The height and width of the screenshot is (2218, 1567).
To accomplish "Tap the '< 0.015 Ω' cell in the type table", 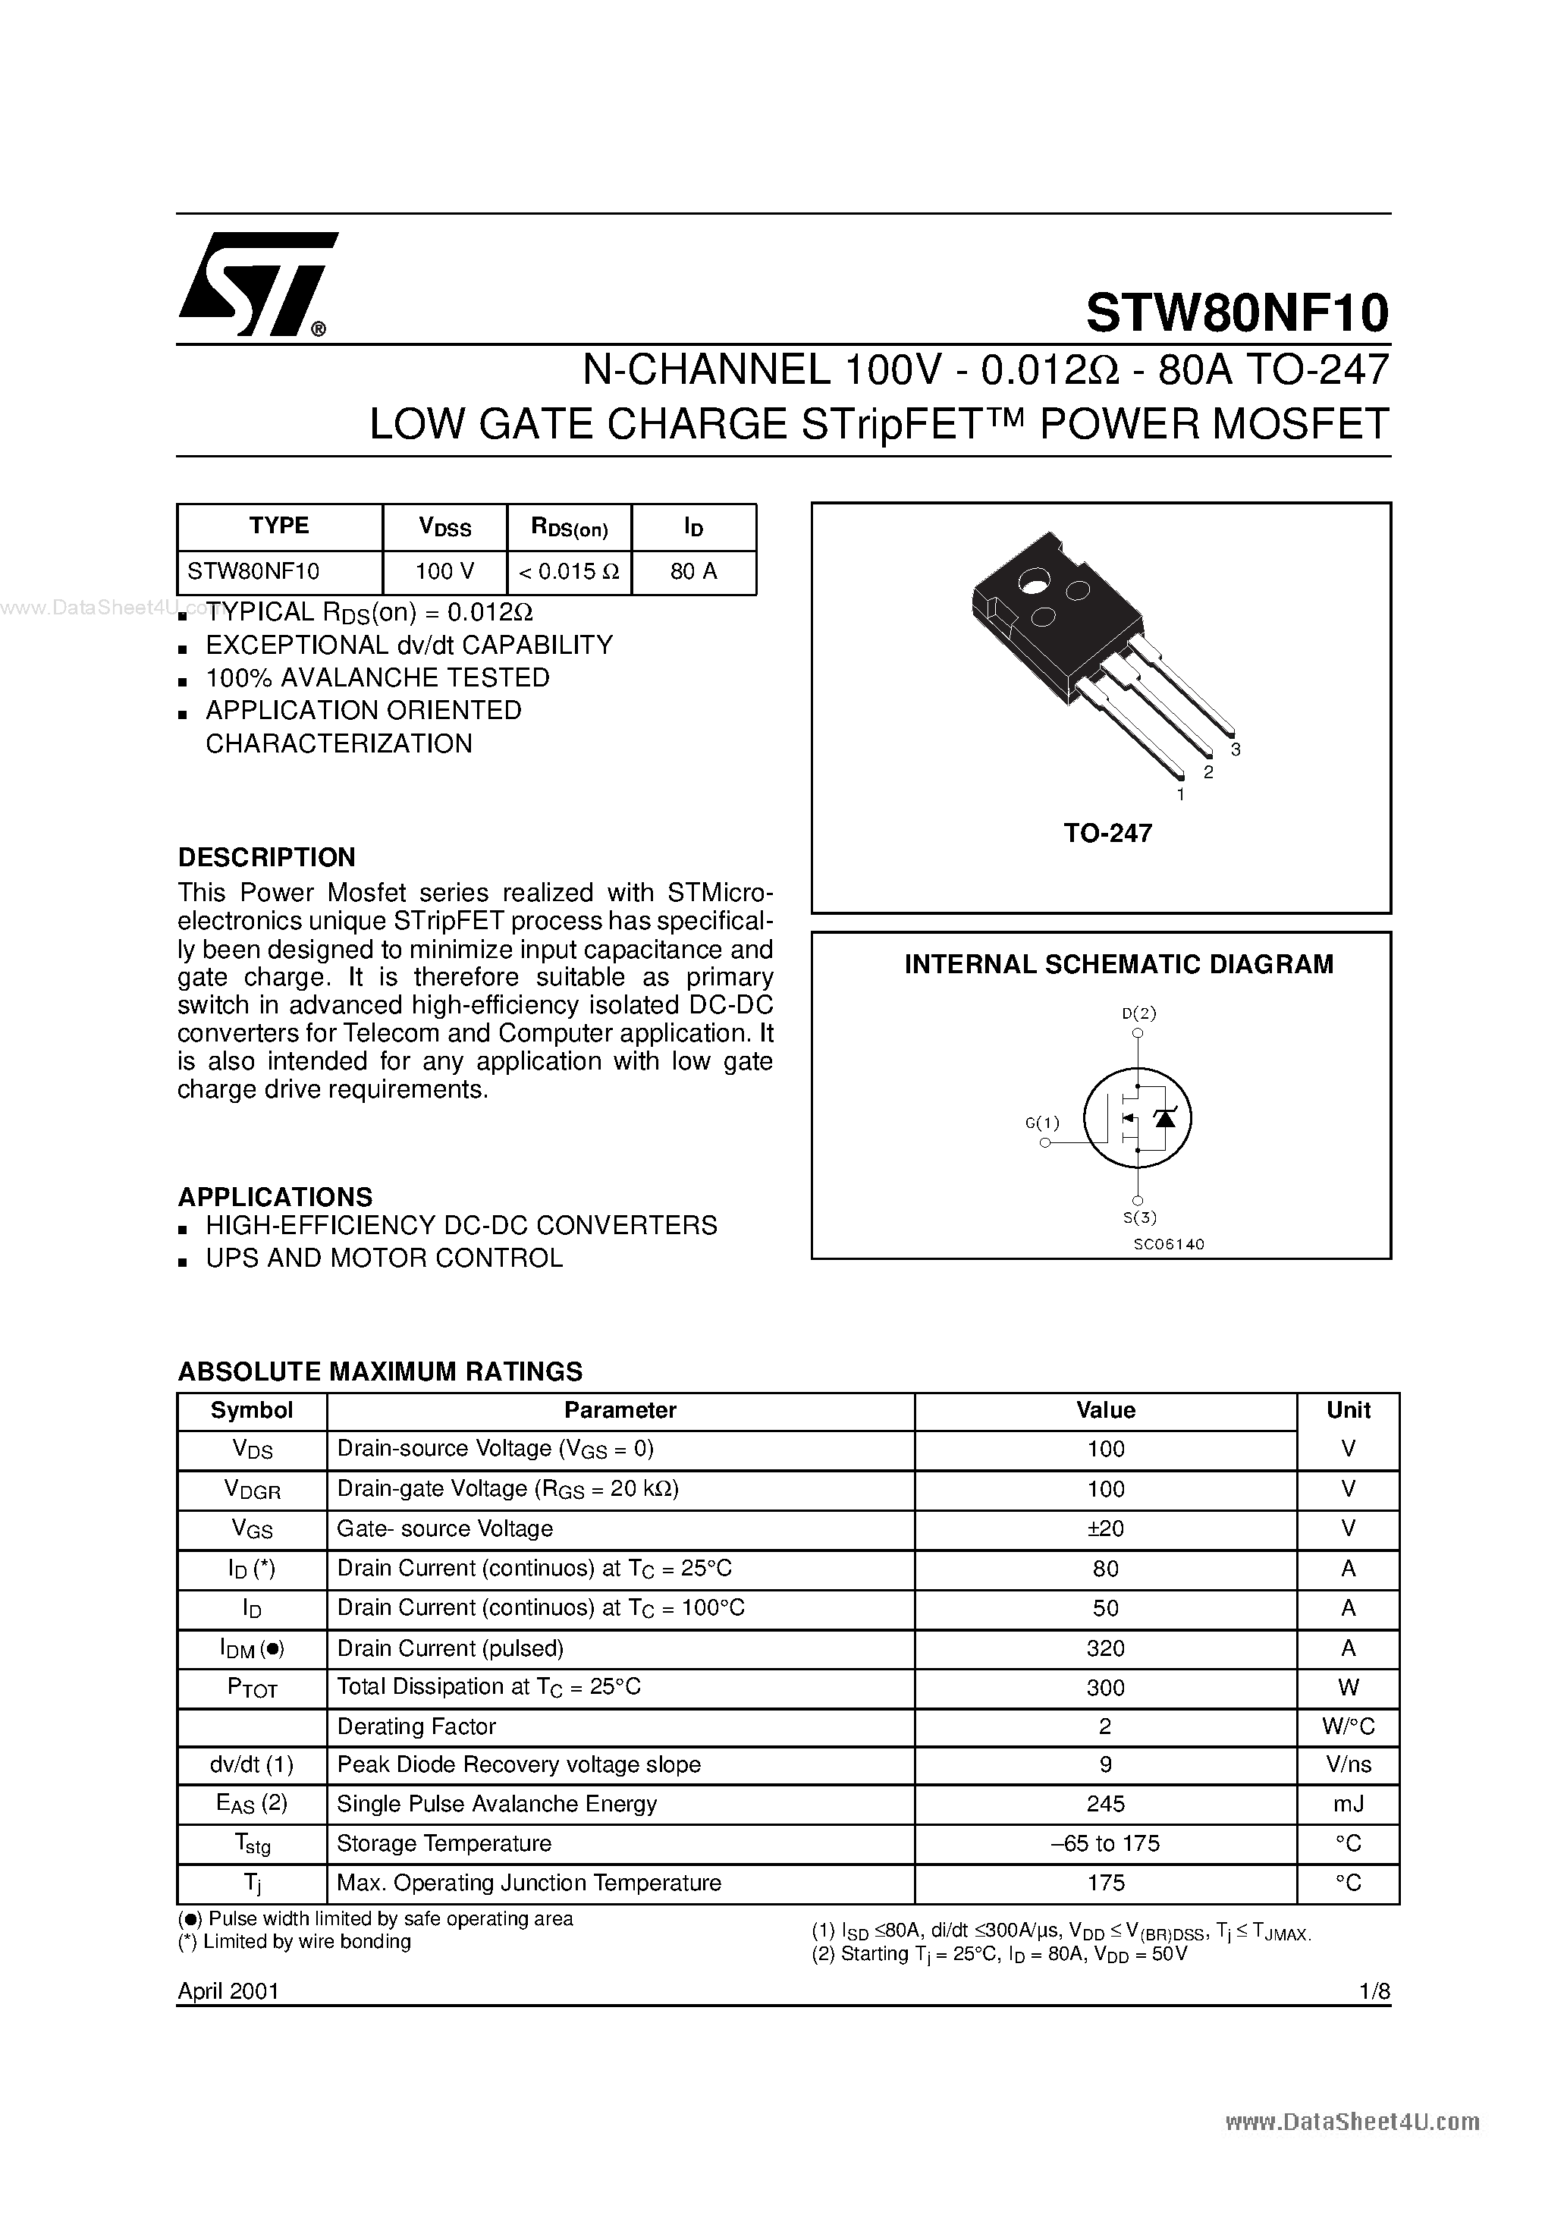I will [569, 571].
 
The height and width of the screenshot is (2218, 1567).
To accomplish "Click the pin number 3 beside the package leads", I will [1236, 749].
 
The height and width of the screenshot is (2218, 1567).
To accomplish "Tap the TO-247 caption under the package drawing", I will [1107, 833].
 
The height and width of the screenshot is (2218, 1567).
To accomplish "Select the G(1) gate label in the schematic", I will [1041, 1123].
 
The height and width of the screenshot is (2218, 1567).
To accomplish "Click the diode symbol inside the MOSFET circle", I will [1165, 1117].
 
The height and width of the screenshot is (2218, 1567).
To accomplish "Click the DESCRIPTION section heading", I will [267, 857].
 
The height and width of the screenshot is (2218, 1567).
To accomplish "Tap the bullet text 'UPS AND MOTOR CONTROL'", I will [384, 1258].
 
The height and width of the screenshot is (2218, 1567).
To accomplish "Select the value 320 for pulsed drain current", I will [1105, 1648].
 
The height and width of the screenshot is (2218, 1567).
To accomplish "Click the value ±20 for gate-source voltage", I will [1105, 1528].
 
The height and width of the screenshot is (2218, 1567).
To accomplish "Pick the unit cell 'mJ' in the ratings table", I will [1348, 1804].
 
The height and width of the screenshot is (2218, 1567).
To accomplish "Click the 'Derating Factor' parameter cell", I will [416, 1726].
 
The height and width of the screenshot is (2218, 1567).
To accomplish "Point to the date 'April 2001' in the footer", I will [228, 1991].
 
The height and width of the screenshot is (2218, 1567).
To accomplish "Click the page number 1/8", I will [1373, 1991].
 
